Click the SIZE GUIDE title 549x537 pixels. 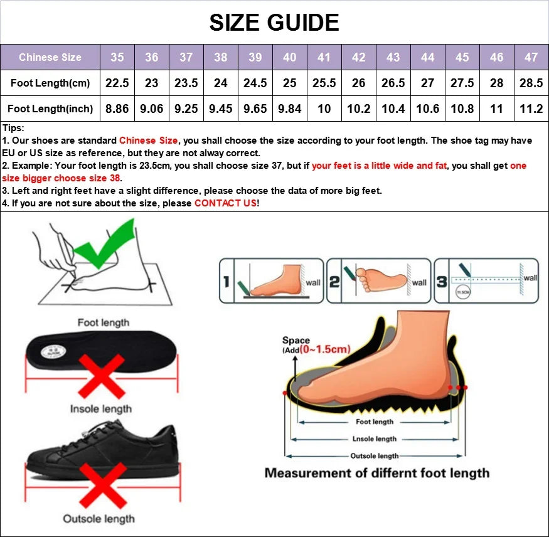click(274, 23)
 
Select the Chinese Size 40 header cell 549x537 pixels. click(289, 57)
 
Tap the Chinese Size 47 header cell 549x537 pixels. click(531, 57)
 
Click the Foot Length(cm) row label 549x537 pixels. click(50, 83)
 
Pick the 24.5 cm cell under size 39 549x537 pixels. click(255, 83)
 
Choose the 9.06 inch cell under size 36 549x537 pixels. click(152, 109)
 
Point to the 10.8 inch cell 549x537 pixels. click(462, 109)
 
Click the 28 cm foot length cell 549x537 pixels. click(496, 83)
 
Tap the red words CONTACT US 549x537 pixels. click(225, 203)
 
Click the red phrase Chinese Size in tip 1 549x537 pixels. click(149, 141)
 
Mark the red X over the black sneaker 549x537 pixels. click(100, 484)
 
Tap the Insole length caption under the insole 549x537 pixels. click(101, 409)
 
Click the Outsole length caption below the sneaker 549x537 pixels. click(99, 518)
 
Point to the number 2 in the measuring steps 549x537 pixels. click(334, 282)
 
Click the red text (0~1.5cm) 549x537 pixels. click(324, 349)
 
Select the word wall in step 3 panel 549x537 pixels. click(530, 278)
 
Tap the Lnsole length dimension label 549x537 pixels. click(375, 439)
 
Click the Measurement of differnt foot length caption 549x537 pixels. click(376, 473)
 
